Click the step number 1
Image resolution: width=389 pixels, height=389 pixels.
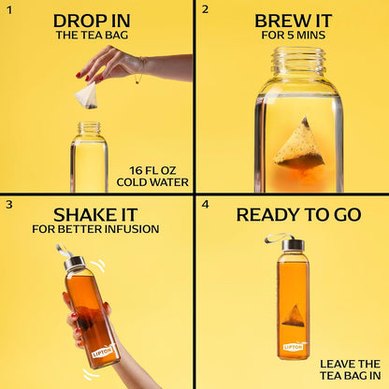click(x=9, y=10)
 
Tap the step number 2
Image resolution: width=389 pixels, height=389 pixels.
click(x=205, y=9)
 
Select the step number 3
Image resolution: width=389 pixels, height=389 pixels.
click(x=9, y=205)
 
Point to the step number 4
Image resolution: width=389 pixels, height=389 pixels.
click(x=205, y=205)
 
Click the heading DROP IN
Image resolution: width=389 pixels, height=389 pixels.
click(x=92, y=22)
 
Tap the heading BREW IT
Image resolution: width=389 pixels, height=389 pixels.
click(x=294, y=22)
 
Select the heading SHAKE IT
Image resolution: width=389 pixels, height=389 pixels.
click(x=95, y=215)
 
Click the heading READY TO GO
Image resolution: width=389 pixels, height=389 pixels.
click(x=298, y=215)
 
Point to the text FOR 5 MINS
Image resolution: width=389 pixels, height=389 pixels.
click(x=294, y=35)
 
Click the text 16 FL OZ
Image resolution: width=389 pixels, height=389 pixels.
click(x=152, y=170)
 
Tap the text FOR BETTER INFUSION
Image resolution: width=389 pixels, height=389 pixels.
click(x=95, y=229)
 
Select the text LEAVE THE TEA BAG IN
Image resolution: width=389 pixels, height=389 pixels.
click(x=350, y=369)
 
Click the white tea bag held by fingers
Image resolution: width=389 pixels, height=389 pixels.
click(x=87, y=96)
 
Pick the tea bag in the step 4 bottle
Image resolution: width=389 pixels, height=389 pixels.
click(x=294, y=316)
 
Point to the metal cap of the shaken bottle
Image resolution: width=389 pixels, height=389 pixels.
click(x=74, y=264)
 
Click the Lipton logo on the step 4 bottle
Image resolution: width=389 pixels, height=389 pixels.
click(x=294, y=346)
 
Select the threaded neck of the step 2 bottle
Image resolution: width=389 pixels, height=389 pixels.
click(x=298, y=61)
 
